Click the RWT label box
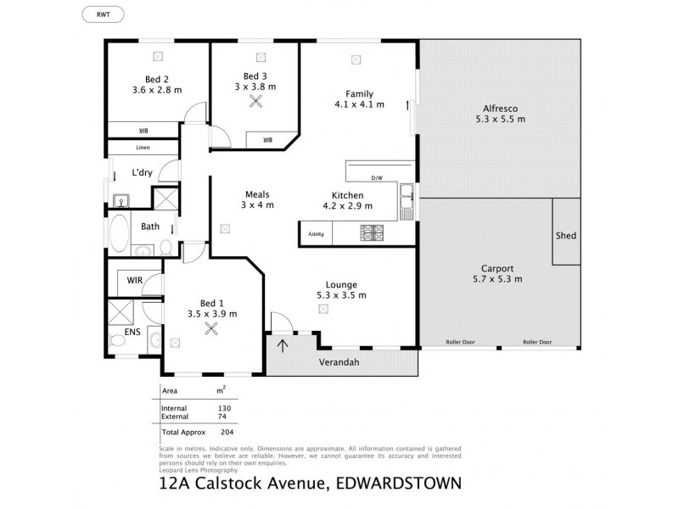(101, 14)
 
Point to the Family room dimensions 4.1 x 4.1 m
(359, 105)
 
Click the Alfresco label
(501, 108)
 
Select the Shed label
(565, 235)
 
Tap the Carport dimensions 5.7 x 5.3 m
(497, 278)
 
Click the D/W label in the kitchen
(378, 178)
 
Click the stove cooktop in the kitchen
(373, 231)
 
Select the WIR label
(134, 279)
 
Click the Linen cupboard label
(143, 148)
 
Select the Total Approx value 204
(226, 432)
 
